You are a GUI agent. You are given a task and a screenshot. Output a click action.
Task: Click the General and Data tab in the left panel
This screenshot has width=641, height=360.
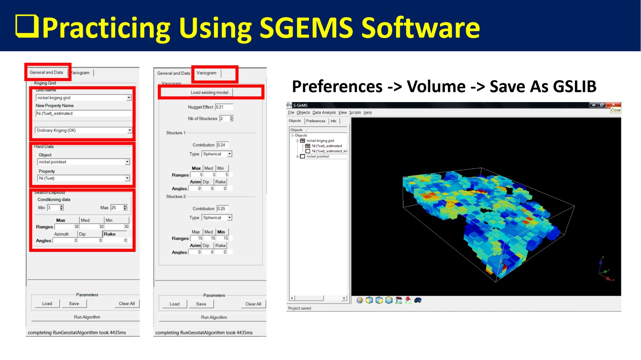coord(46,72)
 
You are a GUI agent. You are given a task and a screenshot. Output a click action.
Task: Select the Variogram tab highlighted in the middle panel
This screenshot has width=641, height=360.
coord(206,73)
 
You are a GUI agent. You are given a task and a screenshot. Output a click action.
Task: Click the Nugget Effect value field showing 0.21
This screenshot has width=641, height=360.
coord(224,107)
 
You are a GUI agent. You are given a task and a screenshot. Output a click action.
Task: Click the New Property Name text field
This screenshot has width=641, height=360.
coord(83,113)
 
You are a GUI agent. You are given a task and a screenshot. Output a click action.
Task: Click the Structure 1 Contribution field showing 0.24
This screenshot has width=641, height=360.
coord(222,145)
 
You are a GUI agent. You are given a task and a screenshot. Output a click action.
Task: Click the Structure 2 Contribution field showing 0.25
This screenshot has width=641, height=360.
coord(222,209)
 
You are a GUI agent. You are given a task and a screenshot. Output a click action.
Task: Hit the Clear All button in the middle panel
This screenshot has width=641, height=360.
coord(253,304)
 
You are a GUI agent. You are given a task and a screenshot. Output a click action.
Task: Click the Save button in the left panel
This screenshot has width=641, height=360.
coord(74,304)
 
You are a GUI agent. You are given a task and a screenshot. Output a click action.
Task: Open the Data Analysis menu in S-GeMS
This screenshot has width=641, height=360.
coord(324,113)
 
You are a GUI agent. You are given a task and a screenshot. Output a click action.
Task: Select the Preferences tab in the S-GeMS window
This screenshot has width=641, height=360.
coord(316,121)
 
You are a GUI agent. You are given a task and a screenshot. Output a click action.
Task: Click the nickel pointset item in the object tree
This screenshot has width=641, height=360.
coord(318,157)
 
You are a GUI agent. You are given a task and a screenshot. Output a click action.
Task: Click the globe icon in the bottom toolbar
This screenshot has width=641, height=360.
coord(360,300)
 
